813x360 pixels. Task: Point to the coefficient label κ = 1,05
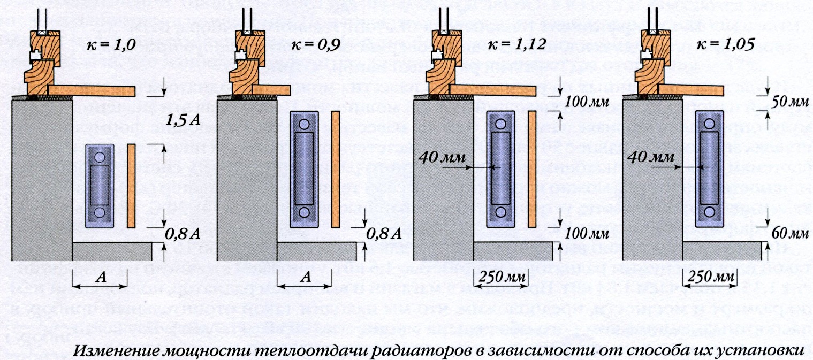[x=721, y=45]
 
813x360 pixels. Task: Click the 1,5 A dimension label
[x=182, y=120]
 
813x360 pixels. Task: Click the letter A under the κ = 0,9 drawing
[x=304, y=277]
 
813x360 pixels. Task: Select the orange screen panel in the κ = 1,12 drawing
[x=532, y=170]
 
